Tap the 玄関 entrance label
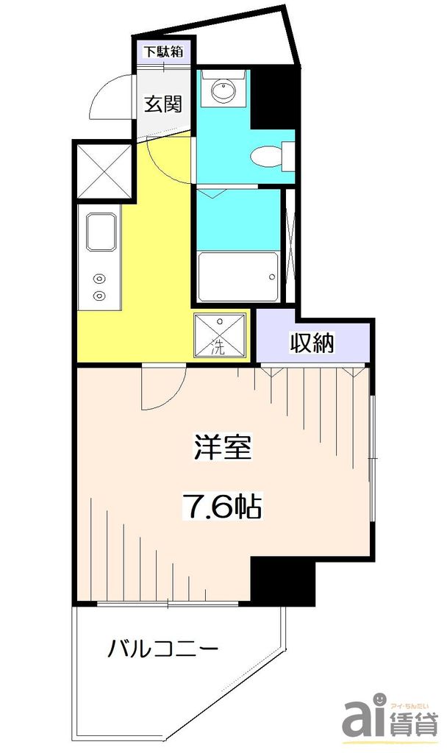point(162,104)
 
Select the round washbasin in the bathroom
point(223,91)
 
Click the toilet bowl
point(265,157)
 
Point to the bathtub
point(237,276)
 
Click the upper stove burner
point(99,279)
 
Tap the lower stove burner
point(99,296)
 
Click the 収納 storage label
point(312,343)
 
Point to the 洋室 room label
point(223,448)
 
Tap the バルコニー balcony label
point(163,649)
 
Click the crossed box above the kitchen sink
point(103,170)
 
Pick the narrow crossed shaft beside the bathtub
point(290,246)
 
